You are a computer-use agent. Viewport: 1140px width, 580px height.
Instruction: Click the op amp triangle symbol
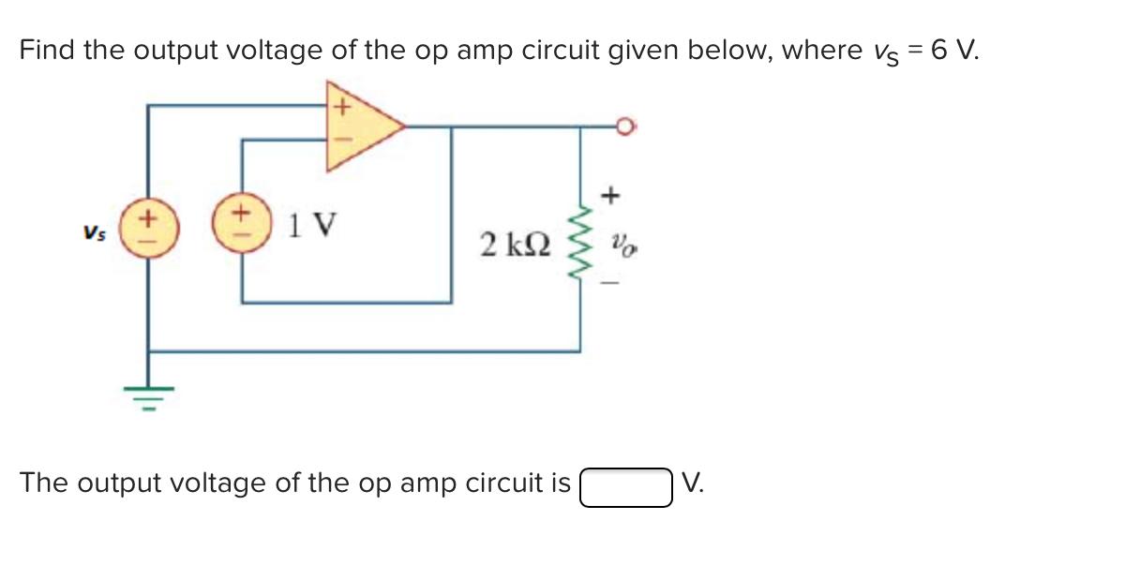click(361, 126)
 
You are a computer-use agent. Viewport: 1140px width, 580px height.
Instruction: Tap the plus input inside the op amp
click(342, 109)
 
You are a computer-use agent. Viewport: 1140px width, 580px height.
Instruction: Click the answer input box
click(625, 487)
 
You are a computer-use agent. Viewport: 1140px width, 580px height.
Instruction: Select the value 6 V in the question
click(951, 50)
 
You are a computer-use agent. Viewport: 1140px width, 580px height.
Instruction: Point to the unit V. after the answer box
click(692, 483)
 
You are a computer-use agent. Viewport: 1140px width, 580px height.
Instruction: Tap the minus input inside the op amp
click(341, 141)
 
